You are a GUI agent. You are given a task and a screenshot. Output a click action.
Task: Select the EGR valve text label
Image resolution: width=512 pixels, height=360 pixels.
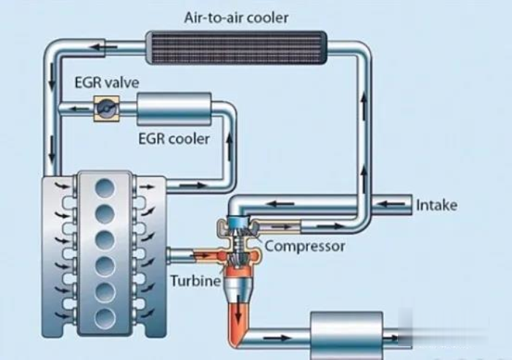[106, 82]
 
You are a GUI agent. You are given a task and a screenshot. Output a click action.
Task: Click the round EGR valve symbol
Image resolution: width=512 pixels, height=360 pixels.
[105, 108]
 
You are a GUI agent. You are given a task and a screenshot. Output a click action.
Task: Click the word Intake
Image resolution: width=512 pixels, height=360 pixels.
[437, 205]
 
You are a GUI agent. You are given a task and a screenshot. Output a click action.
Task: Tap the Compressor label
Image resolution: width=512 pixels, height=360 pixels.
[304, 246]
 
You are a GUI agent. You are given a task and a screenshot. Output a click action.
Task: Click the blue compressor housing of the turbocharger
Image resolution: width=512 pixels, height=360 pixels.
[237, 223]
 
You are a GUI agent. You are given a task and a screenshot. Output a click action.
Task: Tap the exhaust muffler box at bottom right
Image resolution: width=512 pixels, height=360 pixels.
[347, 335]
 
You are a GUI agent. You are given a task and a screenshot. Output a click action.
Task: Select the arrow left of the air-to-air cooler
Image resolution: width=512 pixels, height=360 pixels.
[108, 48]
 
